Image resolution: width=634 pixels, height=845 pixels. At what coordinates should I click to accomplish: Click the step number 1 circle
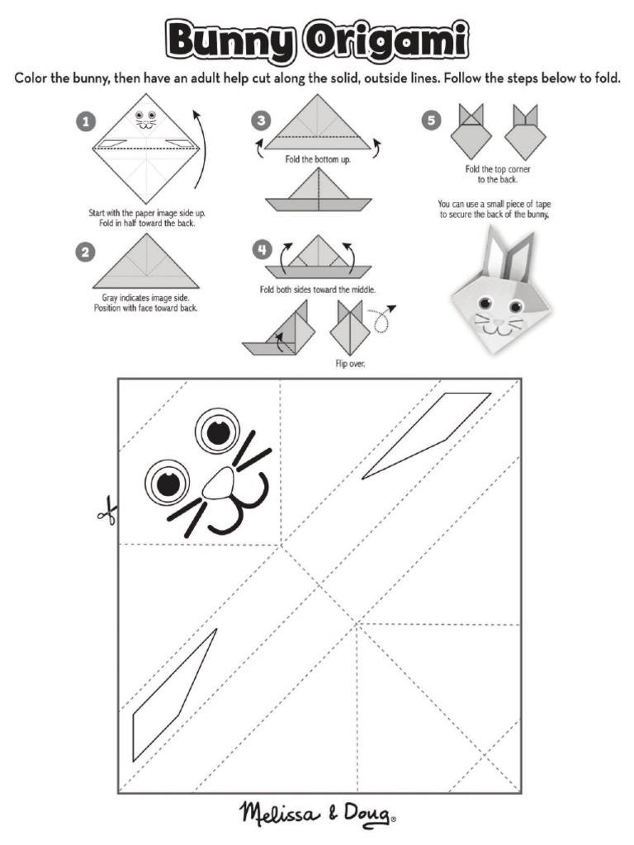coord(84,121)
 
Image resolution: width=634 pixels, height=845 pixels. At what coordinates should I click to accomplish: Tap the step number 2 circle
coord(84,253)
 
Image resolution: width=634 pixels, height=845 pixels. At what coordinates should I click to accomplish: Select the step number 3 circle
coord(261,121)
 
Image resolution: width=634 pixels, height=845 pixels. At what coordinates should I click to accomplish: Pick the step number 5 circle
coord(430,121)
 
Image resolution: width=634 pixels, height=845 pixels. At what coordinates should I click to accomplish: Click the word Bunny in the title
coord(230,40)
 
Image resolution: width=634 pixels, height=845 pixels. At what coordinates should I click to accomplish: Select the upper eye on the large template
coord(218,432)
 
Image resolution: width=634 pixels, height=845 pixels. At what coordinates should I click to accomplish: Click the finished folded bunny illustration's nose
coord(494,315)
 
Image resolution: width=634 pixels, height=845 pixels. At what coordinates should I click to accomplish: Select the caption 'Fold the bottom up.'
coord(318,159)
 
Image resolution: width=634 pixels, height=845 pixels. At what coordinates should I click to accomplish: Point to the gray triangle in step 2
coord(146,262)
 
